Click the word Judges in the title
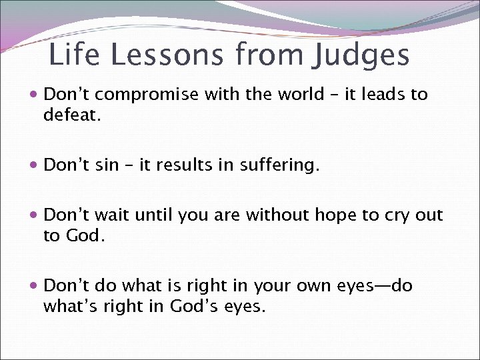(360, 55)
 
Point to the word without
(278, 215)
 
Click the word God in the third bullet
(83, 235)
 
